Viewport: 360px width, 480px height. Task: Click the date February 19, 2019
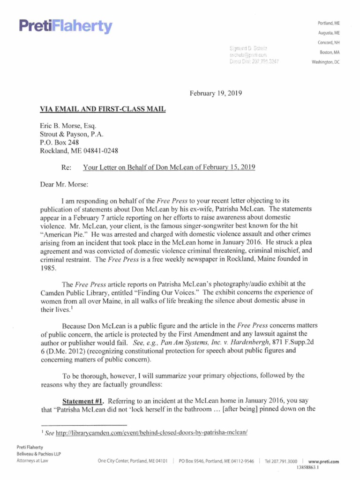coord(216,93)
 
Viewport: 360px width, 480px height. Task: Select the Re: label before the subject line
coord(67,167)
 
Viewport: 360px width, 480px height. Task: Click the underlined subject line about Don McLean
coord(169,167)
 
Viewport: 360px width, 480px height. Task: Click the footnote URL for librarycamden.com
coord(151,433)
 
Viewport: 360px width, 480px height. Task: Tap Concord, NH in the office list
coord(329,43)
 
